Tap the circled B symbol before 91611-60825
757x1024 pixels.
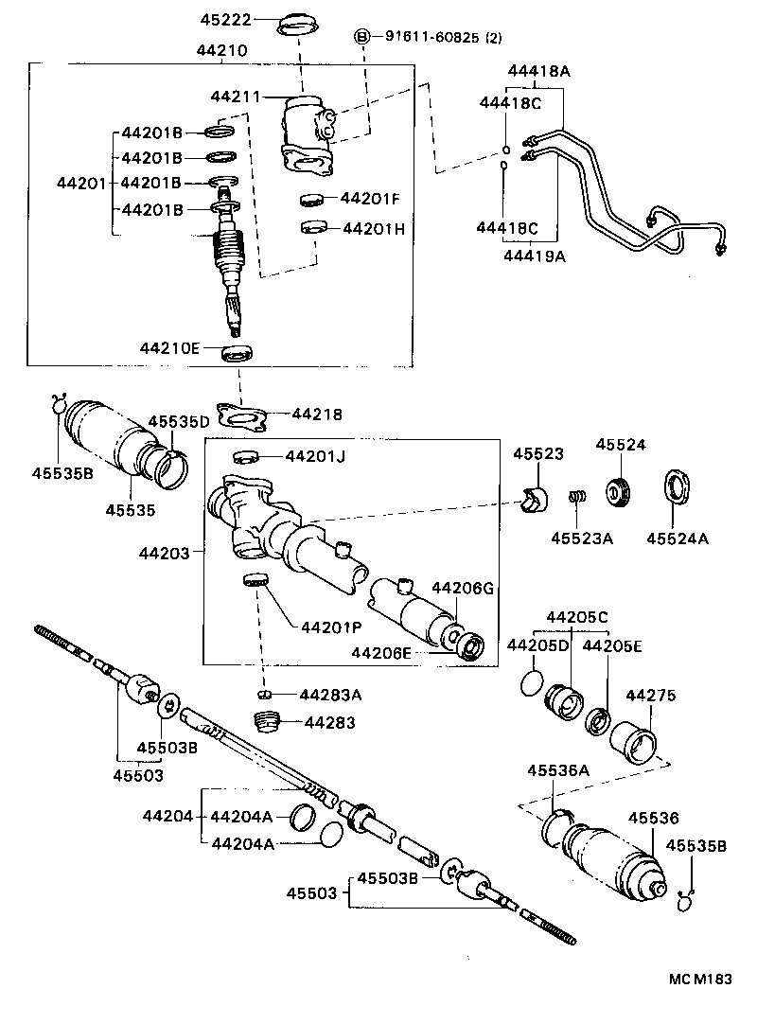coord(361,37)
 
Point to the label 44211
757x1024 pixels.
coord(234,97)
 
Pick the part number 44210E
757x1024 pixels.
coord(170,348)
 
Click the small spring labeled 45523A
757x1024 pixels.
coord(575,497)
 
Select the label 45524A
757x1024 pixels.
coord(678,538)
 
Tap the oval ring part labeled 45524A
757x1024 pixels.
coord(678,490)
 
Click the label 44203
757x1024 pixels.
coord(163,552)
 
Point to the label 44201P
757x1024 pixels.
coord(330,627)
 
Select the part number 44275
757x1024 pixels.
coord(650,697)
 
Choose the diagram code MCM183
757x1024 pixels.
coord(703,980)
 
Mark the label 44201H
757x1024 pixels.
coord(374,229)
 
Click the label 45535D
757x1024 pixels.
coord(178,422)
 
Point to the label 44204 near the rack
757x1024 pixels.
coord(168,816)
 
